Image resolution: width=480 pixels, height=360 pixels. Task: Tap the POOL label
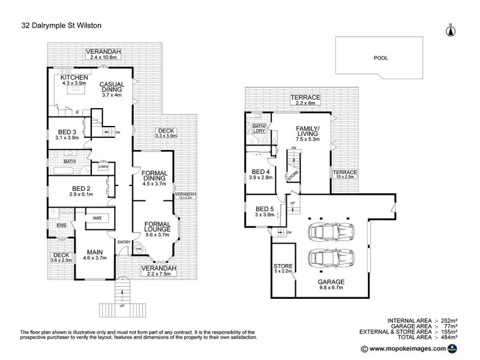pos(380,59)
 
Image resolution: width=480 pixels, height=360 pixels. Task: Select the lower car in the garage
pos(330,259)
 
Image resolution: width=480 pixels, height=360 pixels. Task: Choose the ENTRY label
pos(124,242)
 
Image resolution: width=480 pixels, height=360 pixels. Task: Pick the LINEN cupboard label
pos(103,167)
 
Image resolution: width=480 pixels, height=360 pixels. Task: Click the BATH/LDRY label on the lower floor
pos(259,128)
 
